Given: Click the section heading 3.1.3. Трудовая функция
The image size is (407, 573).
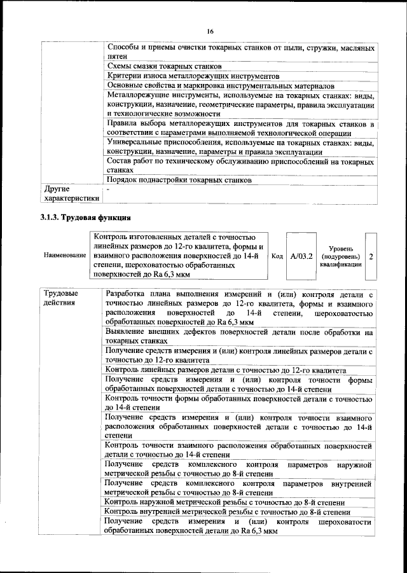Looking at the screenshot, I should coord(78,217).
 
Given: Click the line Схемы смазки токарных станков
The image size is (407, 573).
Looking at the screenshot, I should coord(164,67).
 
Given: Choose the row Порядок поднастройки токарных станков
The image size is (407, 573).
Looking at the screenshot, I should coord(180,180).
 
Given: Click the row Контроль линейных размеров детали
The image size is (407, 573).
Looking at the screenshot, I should coord(226,370).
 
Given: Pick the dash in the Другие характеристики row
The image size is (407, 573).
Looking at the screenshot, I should coord(109,190).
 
